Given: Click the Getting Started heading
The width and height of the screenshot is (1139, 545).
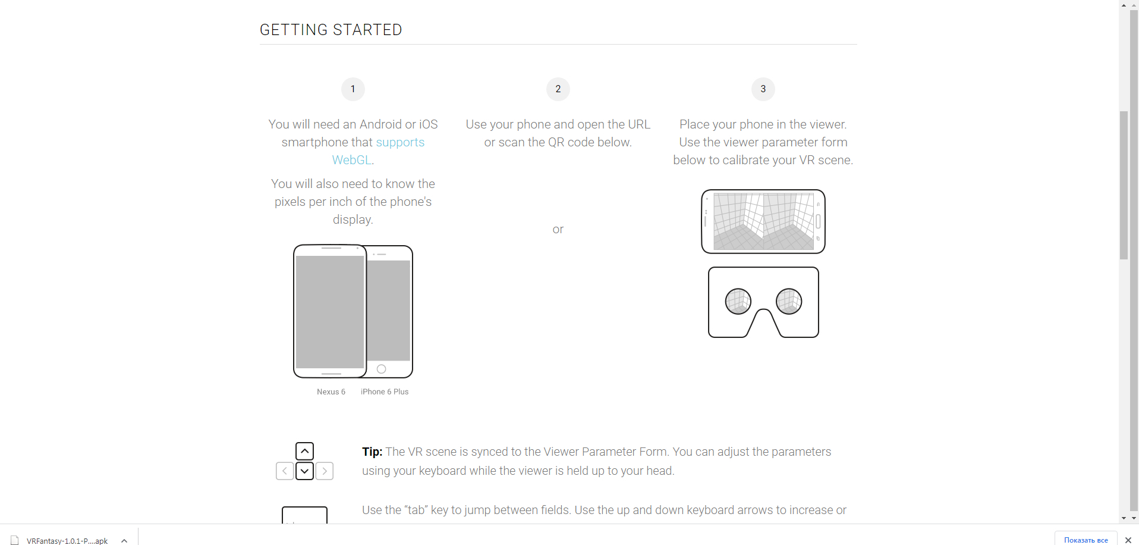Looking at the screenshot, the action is [x=331, y=30].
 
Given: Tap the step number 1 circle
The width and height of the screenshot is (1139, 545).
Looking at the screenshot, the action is [x=353, y=89].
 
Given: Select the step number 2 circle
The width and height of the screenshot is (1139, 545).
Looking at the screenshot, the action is [x=558, y=89].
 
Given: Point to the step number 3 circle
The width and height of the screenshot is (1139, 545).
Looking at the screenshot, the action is [x=763, y=89].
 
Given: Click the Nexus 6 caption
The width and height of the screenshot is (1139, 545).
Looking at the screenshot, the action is [x=331, y=391].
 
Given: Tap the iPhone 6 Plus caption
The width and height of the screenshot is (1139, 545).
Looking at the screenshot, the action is [x=385, y=391].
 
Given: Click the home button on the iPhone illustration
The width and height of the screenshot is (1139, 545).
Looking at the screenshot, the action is [x=382, y=369].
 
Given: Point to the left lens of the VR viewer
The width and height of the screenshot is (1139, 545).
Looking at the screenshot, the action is [x=738, y=302].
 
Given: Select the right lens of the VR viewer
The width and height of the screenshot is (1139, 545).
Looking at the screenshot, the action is [x=789, y=302].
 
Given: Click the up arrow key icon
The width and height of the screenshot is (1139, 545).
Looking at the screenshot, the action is [x=304, y=451].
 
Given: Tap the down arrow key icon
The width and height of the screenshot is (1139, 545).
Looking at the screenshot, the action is [x=304, y=471].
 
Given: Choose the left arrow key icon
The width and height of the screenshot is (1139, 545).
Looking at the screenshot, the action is [x=285, y=471].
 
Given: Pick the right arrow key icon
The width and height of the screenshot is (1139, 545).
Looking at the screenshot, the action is [x=325, y=471].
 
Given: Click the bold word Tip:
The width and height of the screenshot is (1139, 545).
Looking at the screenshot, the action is [x=372, y=452].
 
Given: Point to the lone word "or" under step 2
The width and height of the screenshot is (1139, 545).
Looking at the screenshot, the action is [x=558, y=230].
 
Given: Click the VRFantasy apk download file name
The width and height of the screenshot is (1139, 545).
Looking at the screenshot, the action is [x=67, y=541].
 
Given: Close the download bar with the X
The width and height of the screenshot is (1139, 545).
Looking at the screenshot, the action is [x=1128, y=540].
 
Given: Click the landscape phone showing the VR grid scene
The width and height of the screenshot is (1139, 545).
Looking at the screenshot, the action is [x=763, y=221].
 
